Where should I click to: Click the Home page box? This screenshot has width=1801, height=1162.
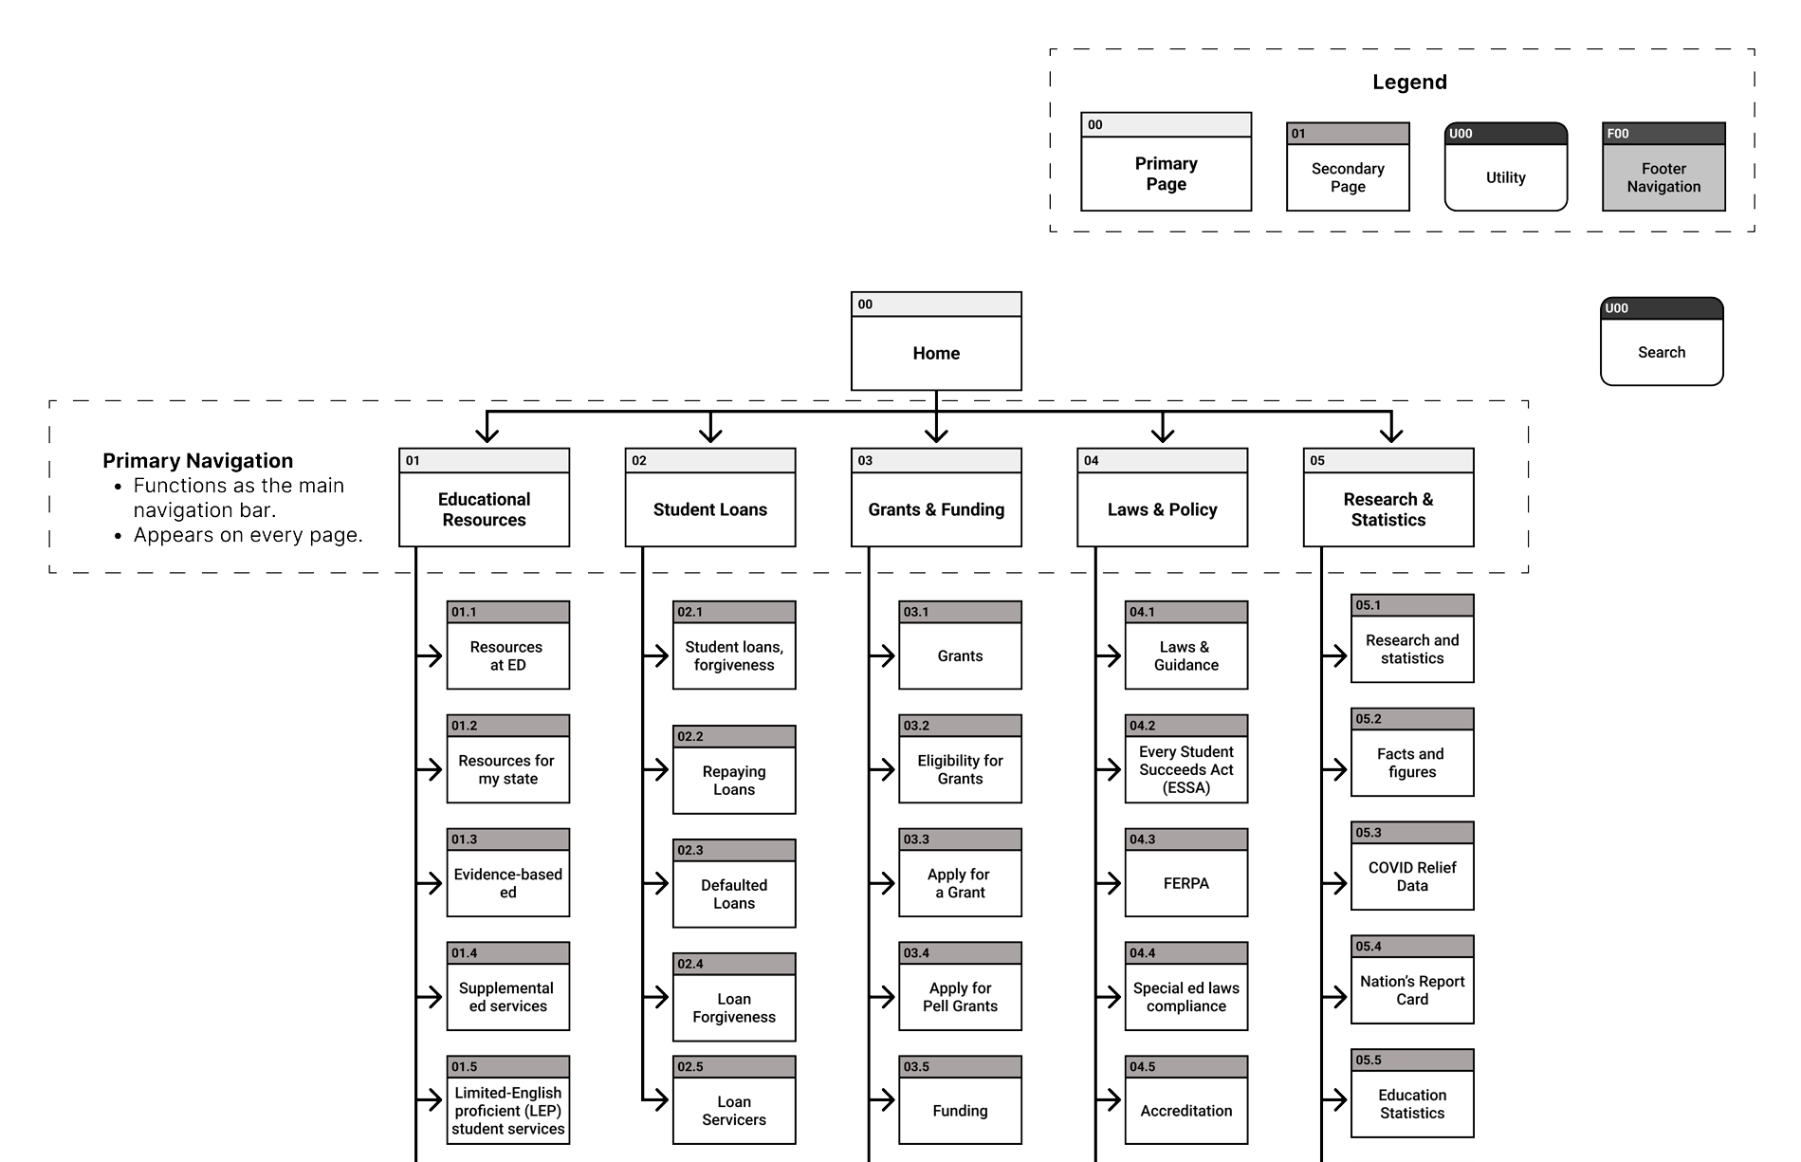[936, 353]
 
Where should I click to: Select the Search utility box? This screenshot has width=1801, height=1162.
[1662, 352]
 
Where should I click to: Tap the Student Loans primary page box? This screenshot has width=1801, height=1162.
[709, 509]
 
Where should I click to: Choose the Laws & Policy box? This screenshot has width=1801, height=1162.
[1162, 509]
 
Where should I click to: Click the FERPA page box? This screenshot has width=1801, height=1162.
[1185, 883]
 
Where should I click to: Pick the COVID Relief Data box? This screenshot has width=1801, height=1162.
[1411, 876]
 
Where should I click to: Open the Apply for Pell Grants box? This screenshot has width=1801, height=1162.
[960, 997]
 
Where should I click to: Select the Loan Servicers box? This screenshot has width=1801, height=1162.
[733, 1110]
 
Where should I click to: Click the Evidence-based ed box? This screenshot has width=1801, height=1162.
[507, 883]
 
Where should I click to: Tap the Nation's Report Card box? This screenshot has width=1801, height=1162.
[1411, 990]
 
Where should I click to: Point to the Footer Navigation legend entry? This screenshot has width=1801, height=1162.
[1663, 177]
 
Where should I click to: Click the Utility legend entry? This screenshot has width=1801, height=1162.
[1505, 177]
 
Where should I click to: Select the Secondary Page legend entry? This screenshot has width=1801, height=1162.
[1348, 177]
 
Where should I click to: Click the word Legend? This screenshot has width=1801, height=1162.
[1409, 83]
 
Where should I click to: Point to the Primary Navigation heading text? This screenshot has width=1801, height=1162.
[197, 461]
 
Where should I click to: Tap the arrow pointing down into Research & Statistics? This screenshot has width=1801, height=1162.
[1390, 432]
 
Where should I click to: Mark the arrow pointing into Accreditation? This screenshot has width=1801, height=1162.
[1110, 1100]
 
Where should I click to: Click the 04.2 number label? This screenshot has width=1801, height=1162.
[1143, 726]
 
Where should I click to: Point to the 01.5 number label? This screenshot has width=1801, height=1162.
[465, 1067]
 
